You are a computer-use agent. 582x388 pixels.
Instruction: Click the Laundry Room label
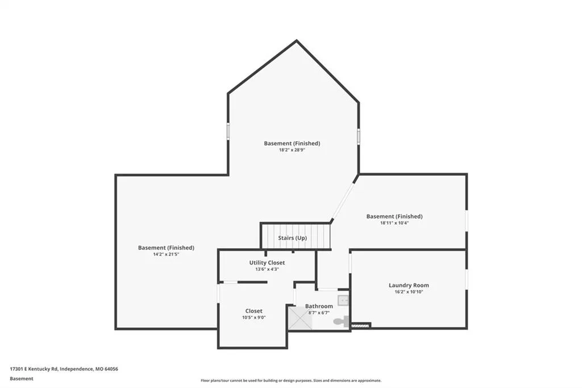coord(409,285)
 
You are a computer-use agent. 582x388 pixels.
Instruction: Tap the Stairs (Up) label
coord(293,238)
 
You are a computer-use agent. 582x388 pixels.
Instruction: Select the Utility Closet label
coord(267,262)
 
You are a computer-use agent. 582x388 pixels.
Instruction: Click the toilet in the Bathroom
coord(342,321)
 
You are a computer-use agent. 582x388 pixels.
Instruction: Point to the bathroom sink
coord(343,300)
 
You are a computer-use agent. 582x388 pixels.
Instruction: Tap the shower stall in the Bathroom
coord(300,318)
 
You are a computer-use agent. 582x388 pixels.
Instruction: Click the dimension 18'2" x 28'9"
coord(292,150)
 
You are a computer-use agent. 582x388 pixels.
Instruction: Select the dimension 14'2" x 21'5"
coord(167,254)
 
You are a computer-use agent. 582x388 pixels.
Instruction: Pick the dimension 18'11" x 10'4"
coord(394,223)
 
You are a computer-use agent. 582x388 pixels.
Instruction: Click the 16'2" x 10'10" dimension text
coord(409,292)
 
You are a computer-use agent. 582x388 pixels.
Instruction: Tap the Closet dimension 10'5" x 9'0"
coord(254,317)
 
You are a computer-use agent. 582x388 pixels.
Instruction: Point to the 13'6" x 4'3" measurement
coord(267,269)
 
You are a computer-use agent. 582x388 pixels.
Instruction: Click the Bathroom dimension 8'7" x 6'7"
coord(319,312)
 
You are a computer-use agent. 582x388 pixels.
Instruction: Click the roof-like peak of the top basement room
coord(296,40)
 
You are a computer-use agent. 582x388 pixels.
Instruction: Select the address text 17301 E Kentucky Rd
coord(34,369)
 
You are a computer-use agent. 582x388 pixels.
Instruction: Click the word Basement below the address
coord(22,379)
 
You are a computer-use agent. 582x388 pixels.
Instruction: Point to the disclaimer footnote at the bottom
coord(291,381)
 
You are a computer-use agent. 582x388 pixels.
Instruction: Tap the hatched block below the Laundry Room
coord(360,325)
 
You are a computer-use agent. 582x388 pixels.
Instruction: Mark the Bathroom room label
coord(319,306)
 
